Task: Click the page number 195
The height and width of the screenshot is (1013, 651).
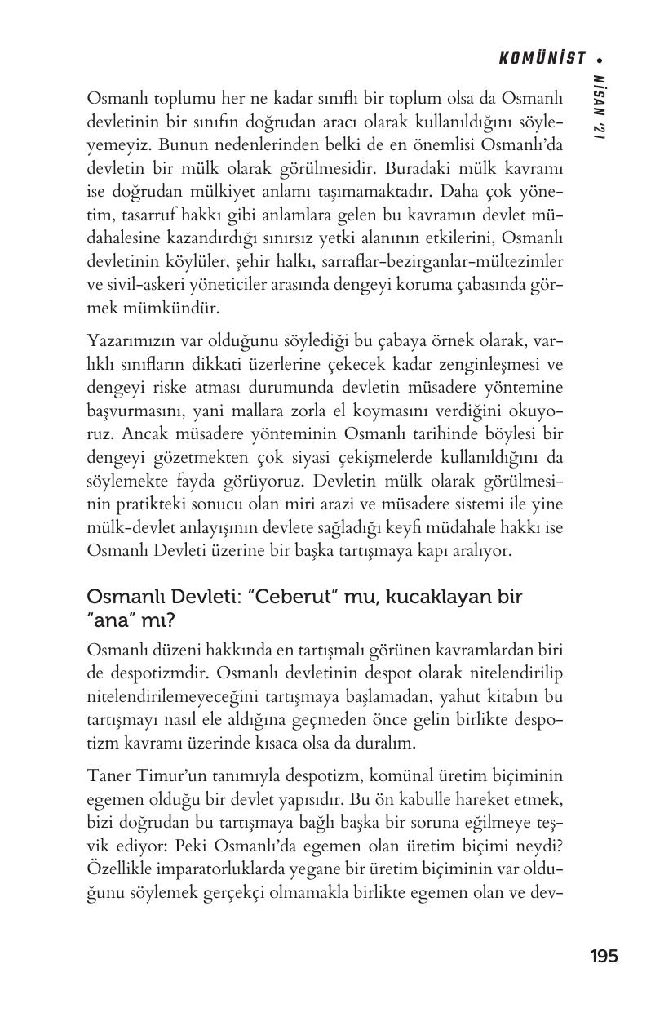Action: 603,956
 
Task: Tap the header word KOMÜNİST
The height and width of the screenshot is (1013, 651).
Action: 542,58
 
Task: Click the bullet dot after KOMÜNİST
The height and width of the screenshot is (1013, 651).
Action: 601,59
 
